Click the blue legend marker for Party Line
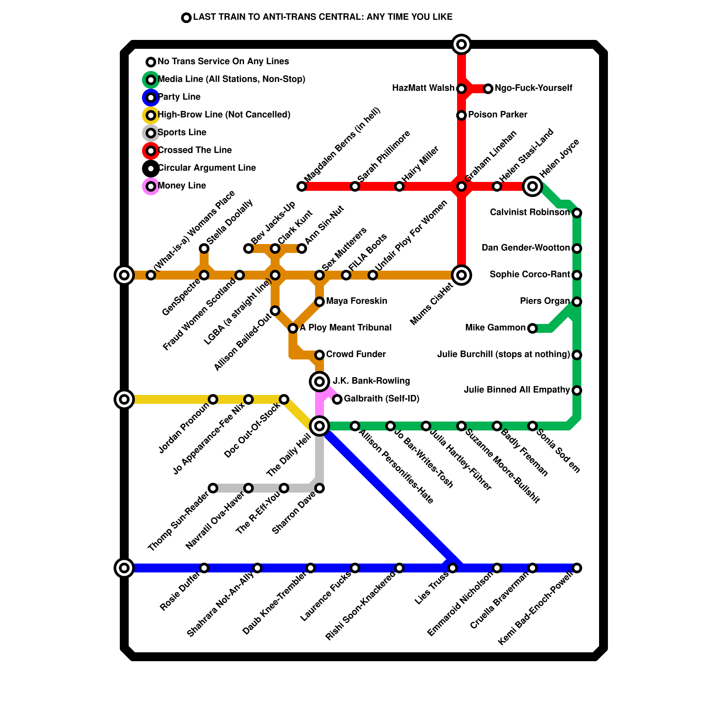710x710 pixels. [x=151, y=97]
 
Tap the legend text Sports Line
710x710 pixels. [x=182, y=133]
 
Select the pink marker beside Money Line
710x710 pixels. [x=151, y=186]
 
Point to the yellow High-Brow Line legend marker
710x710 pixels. [x=151, y=115]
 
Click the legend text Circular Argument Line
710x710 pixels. [x=207, y=168]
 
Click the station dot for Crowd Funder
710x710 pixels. [x=319, y=355]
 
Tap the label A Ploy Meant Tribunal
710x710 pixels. [x=345, y=328]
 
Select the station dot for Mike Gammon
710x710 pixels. [x=532, y=328]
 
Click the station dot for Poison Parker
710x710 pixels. [x=461, y=115]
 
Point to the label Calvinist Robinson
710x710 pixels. [x=529, y=213]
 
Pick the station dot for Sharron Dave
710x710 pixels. [x=319, y=488]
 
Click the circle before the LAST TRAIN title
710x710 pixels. [x=186, y=18]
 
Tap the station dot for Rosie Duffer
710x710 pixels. [x=204, y=568]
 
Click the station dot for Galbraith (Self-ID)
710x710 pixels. [x=337, y=399]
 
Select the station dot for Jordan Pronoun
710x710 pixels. [x=213, y=399]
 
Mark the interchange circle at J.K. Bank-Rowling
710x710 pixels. [x=319, y=381]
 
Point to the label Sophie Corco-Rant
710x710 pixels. [x=529, y=275]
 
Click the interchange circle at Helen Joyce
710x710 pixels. [x=532, y=186]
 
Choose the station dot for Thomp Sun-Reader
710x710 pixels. [x=213, y=488]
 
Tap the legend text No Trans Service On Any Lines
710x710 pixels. [x=223, y=62]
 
